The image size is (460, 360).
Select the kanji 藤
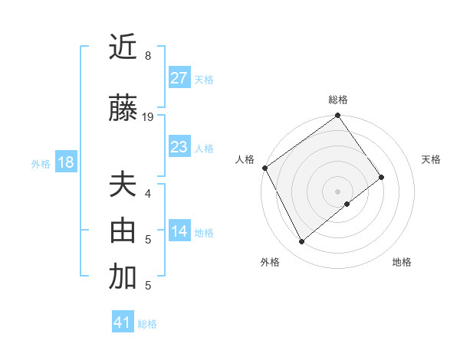(123, 109)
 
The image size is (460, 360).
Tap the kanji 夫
(123, 185)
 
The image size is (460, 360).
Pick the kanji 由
(123, 231)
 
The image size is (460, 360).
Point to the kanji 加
(123, 277)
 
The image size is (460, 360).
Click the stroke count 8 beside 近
(147, 56)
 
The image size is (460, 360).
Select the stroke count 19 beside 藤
(149, 117)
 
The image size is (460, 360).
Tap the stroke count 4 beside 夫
(147, 193)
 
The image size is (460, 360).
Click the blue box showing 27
(179, 78)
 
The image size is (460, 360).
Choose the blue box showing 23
(179, 147)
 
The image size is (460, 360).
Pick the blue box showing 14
(179, 231)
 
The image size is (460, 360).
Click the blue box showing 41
(123, 322)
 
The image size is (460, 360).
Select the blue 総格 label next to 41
(147, 324)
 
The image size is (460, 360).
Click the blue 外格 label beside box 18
(41, 163)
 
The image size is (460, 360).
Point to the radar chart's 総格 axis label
(337, 100)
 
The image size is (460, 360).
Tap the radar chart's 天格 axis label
(431, 159)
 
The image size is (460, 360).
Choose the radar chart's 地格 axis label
(402, 262)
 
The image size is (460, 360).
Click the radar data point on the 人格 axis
(264, 168)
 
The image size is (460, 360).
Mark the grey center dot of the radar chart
(337, 190)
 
